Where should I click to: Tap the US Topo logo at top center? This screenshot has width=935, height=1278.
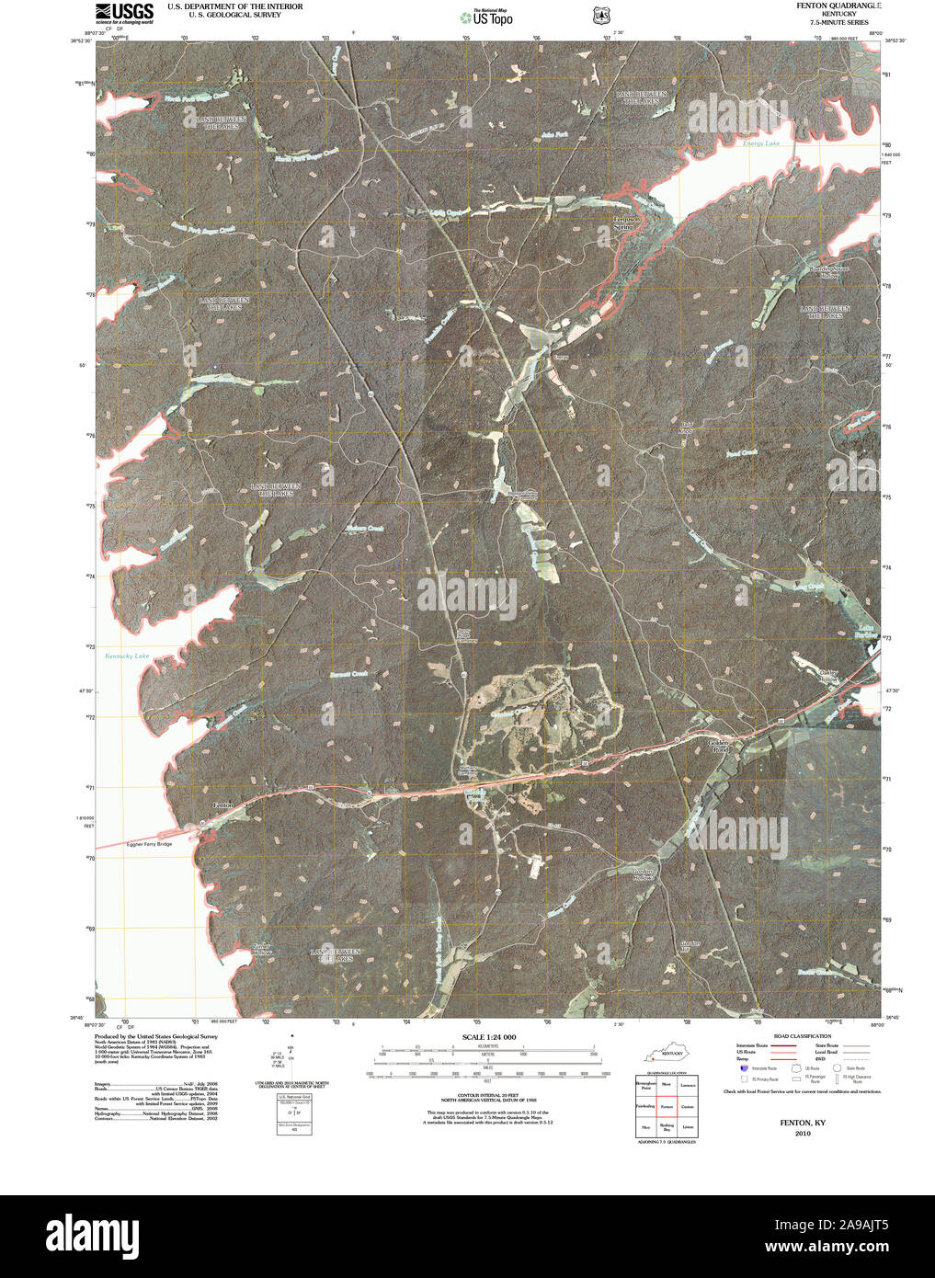click(486, 16)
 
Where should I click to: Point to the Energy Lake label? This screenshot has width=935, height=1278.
click(760, 144)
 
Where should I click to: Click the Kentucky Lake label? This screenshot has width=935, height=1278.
click(127, 656)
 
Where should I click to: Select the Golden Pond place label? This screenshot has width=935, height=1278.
click(720, 746)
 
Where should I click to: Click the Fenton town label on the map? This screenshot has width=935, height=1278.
click(223, 805)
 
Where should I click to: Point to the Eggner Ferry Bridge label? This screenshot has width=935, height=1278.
click(149, 844)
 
